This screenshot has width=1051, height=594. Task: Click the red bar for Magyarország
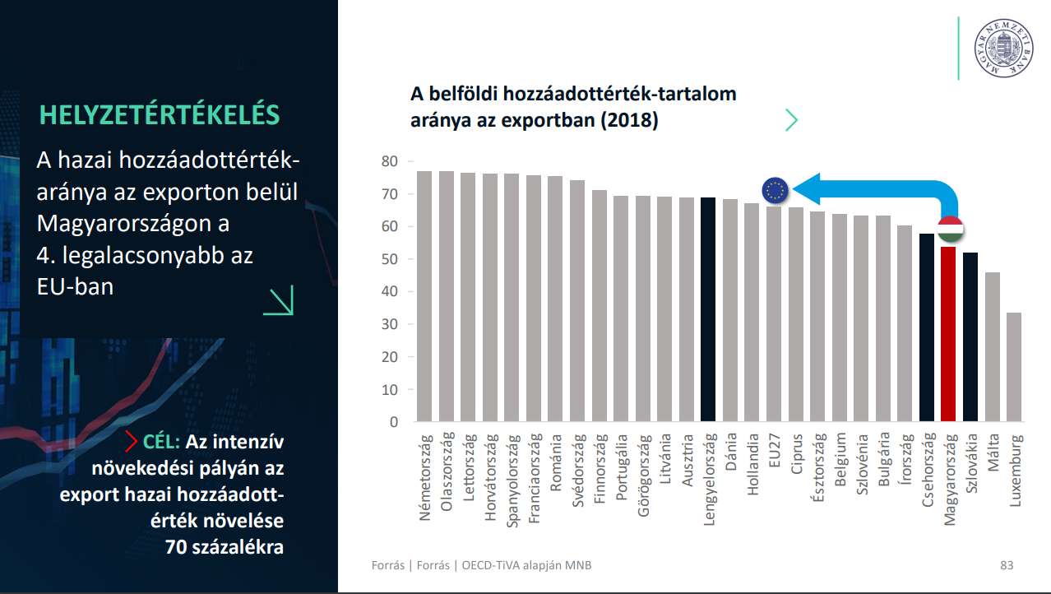coord(948,334)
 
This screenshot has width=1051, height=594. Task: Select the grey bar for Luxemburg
coord(1013,367)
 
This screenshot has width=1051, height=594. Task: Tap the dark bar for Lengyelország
coord(708,309)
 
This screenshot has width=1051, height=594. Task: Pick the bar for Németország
coord(424,296)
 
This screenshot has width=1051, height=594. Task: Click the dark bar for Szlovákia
coord(970,336)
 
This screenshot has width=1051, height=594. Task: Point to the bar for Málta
coord(993,346)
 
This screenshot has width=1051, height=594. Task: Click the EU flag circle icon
coord(776,191)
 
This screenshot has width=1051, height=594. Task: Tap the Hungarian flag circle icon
coord(950,230)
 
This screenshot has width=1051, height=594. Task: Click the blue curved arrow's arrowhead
coord(807,188)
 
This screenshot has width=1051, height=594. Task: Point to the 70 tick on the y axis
coord(390,194)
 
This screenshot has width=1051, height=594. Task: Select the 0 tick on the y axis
coord(394,422)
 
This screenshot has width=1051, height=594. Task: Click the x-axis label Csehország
coord(927,470)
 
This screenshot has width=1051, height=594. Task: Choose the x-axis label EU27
coord(774,450)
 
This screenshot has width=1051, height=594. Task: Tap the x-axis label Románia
coord(556,462)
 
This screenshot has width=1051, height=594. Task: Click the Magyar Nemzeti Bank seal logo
coord(1003,49)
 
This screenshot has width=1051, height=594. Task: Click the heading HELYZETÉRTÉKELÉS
coord(160,114)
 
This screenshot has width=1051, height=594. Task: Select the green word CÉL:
coord(161,442)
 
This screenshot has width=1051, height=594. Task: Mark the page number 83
coord(1007,565)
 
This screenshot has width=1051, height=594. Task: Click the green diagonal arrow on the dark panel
coord(279,300)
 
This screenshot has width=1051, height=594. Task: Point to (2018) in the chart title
coord(629,120)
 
